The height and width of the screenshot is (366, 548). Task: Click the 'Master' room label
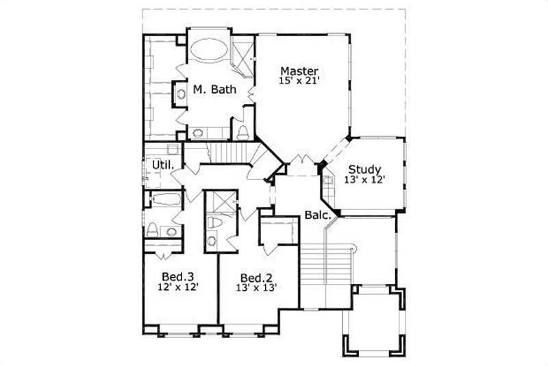pos(300,70)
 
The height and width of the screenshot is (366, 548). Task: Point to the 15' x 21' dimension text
pos(300,81)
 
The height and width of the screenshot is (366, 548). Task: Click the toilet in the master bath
pos(242,131)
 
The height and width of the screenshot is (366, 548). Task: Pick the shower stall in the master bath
pos(242,53)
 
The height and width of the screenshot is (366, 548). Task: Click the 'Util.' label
pos(163,166)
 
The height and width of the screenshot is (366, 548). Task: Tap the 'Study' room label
pos(364,170)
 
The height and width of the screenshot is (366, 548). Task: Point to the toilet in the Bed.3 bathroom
pos(153,229)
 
